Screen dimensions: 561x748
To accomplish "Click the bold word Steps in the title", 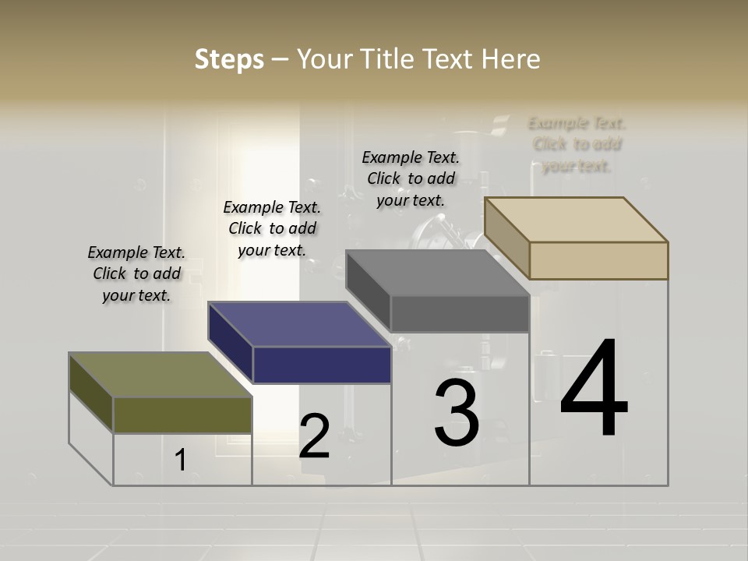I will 229,59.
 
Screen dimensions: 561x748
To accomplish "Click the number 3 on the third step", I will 457,413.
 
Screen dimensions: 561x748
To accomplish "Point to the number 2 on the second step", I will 314,436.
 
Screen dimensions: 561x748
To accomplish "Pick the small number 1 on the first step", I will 181,460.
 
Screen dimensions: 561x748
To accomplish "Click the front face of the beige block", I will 598,260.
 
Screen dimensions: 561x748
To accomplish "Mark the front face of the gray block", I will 460,313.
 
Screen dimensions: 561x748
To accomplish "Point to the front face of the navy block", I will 322,365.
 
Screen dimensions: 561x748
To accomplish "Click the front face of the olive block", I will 182,415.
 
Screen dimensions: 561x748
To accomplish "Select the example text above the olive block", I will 136,273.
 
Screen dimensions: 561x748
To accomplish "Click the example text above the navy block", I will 272,228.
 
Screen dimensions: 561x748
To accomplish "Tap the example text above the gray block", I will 411,178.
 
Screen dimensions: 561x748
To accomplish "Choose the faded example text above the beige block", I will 577,144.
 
